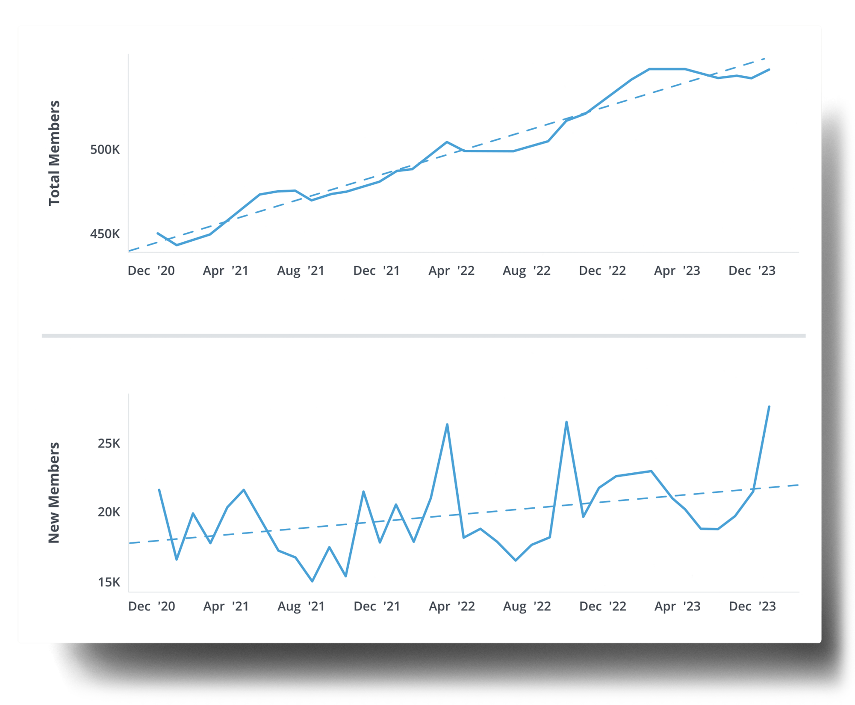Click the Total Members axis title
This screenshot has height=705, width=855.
click(54, 153)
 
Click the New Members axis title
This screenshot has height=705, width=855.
click(54, 492)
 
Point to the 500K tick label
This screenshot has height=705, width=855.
click(105, 150)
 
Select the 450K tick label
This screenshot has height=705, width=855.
click(105, 234)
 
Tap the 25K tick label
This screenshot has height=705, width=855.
click(109, 443)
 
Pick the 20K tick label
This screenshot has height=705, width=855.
click(109, 512)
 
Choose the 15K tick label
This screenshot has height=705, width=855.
click(109, 582)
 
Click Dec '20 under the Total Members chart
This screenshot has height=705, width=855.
click(151, 271)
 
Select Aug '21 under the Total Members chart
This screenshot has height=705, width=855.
click(301, 271)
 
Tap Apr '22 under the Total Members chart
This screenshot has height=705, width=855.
click(451, 271)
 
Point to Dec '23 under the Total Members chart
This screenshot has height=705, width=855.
click(752, 271)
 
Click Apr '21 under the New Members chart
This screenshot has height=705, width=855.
click(226, 607)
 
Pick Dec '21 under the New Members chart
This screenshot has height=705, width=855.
click(377, 607)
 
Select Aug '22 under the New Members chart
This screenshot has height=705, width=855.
click(527, 607)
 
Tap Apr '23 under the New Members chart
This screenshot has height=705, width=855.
click(678, 607)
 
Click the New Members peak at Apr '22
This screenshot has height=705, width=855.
click(447, 424)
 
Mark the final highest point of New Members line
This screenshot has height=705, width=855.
click(769, 406)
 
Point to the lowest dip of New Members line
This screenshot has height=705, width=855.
click(313, 581)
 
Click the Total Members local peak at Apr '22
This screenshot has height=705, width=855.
click(447, 142)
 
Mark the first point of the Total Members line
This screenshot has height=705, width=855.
click(158, 233)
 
